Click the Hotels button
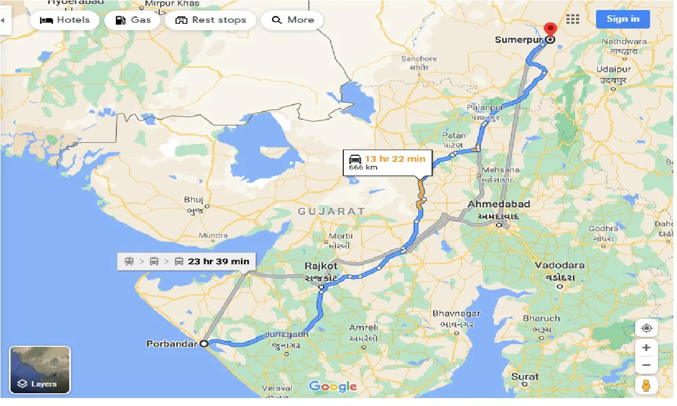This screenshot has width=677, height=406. pyautogui.click(x=65, y=20)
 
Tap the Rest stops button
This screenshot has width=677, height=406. pyautogui.click(x=211, y=20)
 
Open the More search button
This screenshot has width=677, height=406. pyautogui.click(x=292, y=20)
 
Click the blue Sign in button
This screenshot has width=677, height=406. pyautogui.click(x=623, y=19)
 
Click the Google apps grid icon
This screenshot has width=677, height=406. pyautogui.click(x=573, y=19)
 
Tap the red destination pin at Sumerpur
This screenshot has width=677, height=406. pyautogui.click(x=550, y=30)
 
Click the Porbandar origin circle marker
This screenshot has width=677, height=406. pyautogui.click(x=204, y=343)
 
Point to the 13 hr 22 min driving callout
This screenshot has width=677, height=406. pyautogui.click(x=388, y=162)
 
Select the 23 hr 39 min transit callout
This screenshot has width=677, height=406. pyautogui.click(x=186, y=261)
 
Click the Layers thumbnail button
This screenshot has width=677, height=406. pyautogui.click(x=40, y=370)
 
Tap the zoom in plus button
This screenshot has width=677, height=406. pyautogui.click(x=646, y=348)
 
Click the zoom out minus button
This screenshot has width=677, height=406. pyautogui.click(x=646, y=365)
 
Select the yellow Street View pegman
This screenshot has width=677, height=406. pyautogui.click(x=646, y=386)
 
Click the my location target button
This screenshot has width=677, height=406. pyautogui.click(x=646, y=328)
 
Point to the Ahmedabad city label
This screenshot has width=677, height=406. pyautogui.click(x=499, y=204)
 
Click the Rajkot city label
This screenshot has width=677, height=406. pyautogui.click(x=321, y=266)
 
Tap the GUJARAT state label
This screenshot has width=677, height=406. pyautogui.click(x=331, y=211)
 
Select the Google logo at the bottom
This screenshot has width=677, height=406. pyautogui.click(x=333, y=386)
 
